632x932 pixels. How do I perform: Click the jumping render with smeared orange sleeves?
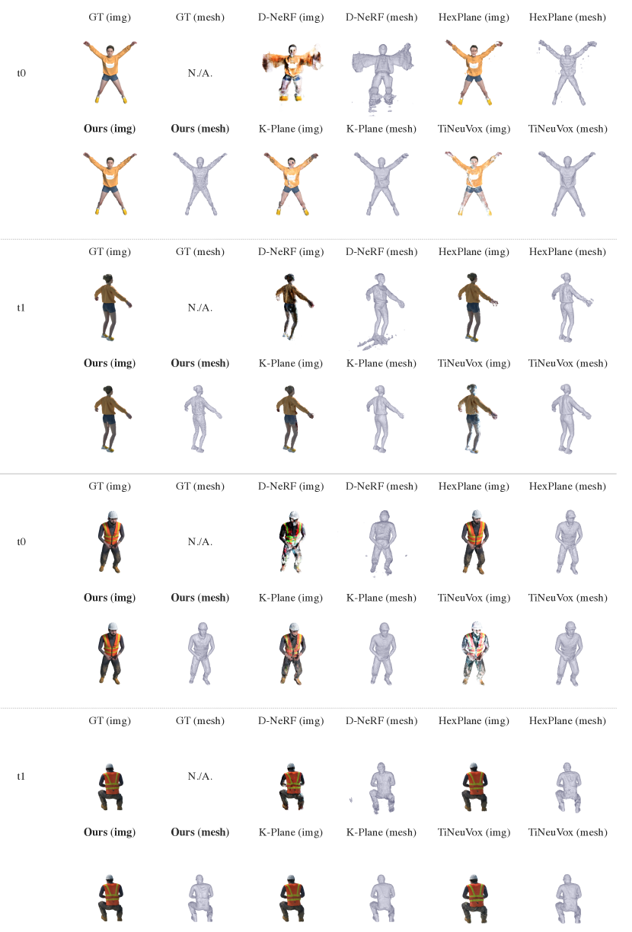[x=291, y=72]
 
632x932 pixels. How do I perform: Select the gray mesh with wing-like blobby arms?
[x=381, y=72]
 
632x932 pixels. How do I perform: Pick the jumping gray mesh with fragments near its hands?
[x=567, y=72]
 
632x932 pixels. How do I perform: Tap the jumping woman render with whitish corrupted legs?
[x=474, y=184]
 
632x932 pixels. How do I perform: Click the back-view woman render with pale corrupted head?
[x=474, y=418]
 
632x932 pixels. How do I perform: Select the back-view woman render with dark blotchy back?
[x=291, y=307]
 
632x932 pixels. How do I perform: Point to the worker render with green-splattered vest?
[x=291, y=541]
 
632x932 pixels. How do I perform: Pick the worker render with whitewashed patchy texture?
[x=474, y=653]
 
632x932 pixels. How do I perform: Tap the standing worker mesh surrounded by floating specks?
[x=381, y=541]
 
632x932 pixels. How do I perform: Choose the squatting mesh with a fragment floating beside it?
[x=381, y=776]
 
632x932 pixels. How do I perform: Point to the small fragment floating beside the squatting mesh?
[x=351, y=800]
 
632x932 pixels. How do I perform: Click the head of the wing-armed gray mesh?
[x=382, y=51]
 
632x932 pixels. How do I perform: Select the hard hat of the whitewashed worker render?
[x=476, y=627]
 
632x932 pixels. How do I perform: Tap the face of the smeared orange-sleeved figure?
[x=291, y=53]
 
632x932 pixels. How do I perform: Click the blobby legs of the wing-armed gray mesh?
[x=381, y=101]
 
